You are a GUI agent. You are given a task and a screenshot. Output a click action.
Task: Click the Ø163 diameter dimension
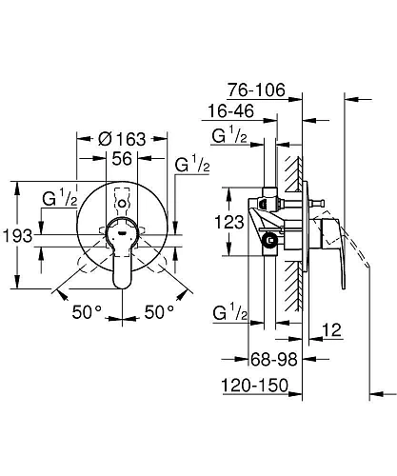point(121,140)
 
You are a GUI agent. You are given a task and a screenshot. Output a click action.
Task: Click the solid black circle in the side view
point(273,242)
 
